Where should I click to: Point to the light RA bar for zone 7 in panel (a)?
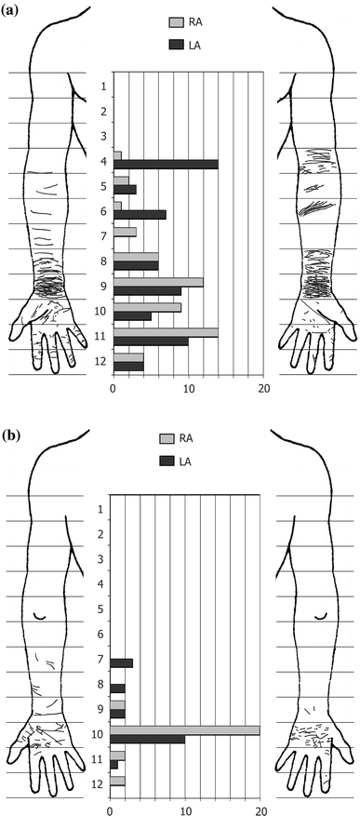pos(124,231)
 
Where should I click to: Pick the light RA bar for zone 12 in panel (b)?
pos(117,781)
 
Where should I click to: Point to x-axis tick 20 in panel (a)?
pos(264,390)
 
